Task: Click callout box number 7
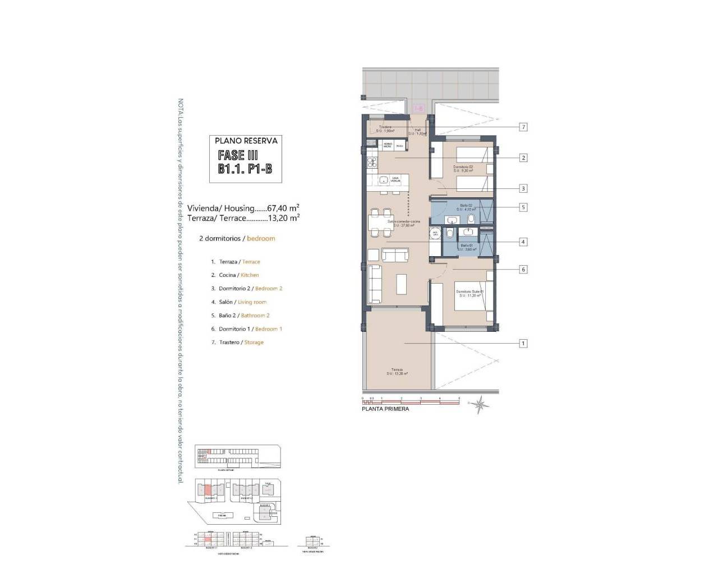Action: (x=523, y=127)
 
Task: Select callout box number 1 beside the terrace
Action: (x=523, y=343)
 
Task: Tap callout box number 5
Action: (x=523, y=207)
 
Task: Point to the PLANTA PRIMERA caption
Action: (x=385, y=409)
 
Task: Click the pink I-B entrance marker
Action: (x=418, y=108)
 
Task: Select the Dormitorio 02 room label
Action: (x=464, y=168)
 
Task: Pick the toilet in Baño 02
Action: (x=471, y=219)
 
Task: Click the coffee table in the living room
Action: (x=402, y=283)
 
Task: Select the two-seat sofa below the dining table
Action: (x=395, y=255)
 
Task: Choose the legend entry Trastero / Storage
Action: (x=237, y=342)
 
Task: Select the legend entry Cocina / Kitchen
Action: (x=235, y=275)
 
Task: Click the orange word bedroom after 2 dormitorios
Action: (x=261, y=239)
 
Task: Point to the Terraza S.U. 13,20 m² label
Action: (x=397, y=372)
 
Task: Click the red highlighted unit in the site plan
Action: (x=208, y=488)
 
